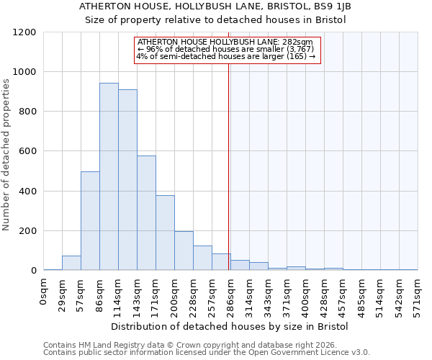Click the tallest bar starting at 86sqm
click(x=109, y=176)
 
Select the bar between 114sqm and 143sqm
click(x=127, y=180)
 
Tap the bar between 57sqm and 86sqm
click(x=90, y=221)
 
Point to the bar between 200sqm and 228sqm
click(x=184, y=251)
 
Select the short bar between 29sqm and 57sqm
click(x=71, y=263)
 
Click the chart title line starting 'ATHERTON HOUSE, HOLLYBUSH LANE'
click(x=216, y=6)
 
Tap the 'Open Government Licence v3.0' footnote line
click(x=207, y=353)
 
